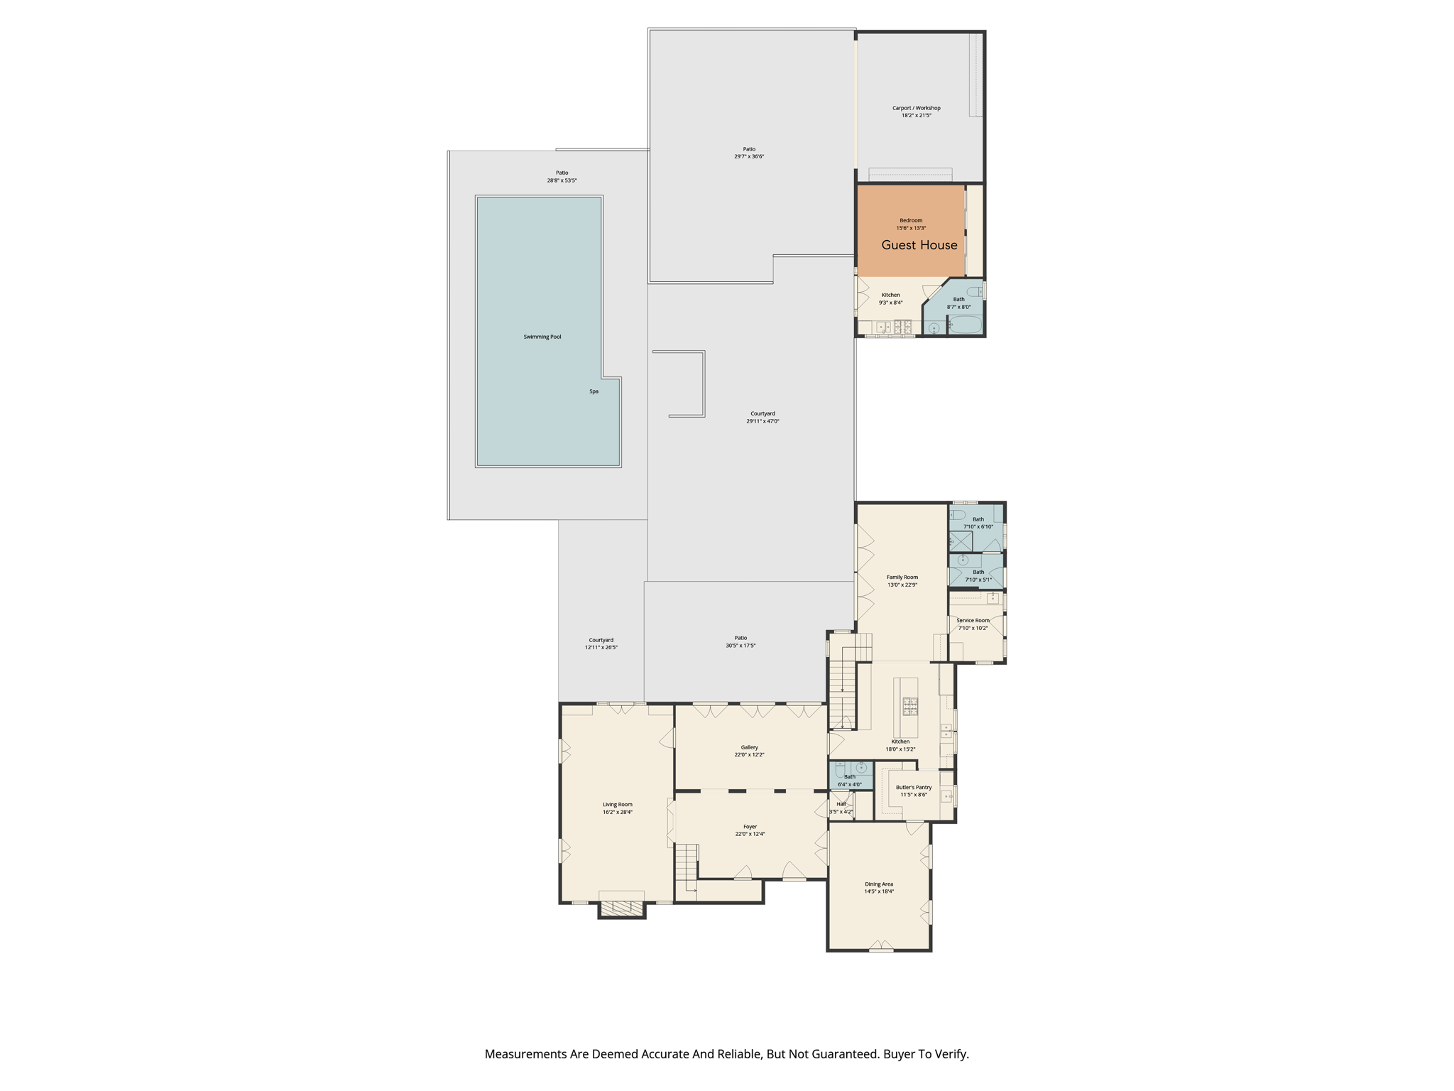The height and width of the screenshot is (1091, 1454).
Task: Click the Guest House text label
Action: (919, 245)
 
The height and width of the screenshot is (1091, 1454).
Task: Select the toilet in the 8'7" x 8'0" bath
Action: (975, 291)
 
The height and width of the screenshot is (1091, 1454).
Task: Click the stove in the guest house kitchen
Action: (903, 327)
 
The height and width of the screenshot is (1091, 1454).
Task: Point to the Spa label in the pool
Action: (594, 391)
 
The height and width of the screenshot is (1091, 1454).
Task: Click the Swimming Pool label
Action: (542, 337)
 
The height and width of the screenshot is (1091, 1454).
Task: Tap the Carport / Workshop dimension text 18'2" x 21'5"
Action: (916, 115)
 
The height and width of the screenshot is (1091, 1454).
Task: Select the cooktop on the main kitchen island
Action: (909, 706)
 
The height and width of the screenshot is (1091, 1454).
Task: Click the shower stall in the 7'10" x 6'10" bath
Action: (961, 541)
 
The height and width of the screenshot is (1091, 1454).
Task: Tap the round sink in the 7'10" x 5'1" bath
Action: (963, 560)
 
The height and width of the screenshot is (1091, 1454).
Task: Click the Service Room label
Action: (973, 620)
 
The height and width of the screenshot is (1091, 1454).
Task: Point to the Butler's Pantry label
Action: (913, 787)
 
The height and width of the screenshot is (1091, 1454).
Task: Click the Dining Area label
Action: (878, 884)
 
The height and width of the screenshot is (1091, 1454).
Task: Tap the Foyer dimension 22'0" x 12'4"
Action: (750, 834)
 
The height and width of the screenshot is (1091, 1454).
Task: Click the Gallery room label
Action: (749, 747)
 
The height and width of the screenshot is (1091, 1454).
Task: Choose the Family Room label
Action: (902, 577)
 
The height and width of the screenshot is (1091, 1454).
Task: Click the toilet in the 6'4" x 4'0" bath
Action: (839, 769)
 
